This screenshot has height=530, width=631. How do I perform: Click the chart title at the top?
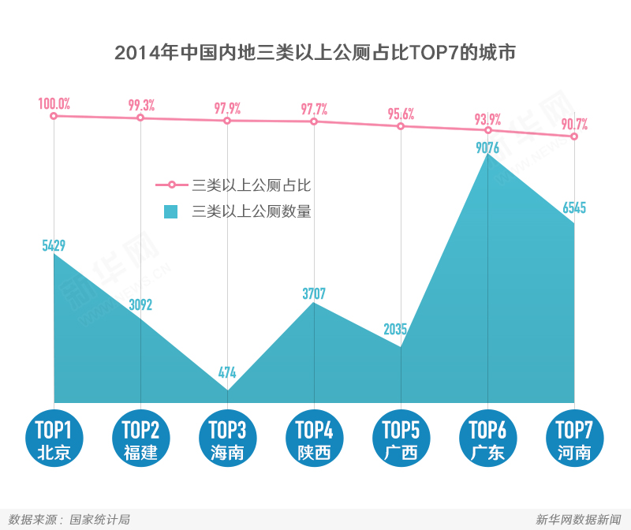click(315, 53)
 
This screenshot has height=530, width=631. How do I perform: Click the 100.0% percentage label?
click(54, 103)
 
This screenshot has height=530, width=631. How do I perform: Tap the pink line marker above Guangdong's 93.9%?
click(488, 130)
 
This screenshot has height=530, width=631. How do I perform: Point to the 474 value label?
click(227, 373)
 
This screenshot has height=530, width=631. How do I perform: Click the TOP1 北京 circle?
click(54, 439)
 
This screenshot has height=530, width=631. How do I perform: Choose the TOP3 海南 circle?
click(227, 439)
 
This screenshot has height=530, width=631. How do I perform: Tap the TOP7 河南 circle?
click(574, 439)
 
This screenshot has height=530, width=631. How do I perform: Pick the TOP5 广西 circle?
click(401, 439)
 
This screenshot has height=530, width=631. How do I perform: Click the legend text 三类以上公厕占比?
click(252, 186)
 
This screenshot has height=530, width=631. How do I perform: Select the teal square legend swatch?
click(170, 211)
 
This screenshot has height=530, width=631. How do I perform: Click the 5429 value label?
click(54, 245)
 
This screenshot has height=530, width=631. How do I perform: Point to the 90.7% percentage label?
click(574, 124)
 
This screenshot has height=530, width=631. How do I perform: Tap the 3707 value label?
click(314, 293)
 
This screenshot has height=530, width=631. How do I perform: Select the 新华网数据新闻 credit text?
click(578, 519)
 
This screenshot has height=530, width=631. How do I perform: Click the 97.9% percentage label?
click(227, 108)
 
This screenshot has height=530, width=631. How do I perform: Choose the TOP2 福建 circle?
click(140, 439)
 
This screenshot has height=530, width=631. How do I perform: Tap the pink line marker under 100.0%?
click(54, 116)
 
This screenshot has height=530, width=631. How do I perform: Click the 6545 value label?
click(574, 208)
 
